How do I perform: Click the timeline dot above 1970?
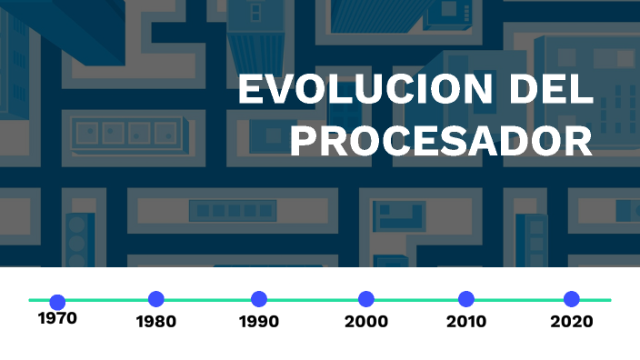57,302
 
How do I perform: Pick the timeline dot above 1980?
156,299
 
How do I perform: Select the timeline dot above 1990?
259,299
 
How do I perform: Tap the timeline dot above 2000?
366,299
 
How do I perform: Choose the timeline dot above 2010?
466,299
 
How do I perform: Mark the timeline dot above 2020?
572,299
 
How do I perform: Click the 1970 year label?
57,319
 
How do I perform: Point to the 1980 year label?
155,322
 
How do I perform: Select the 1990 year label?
259,322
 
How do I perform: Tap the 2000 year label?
366,322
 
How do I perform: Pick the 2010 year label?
466,322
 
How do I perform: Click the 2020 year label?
572,322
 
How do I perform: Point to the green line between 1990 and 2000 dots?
313,299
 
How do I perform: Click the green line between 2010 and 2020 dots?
519,299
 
